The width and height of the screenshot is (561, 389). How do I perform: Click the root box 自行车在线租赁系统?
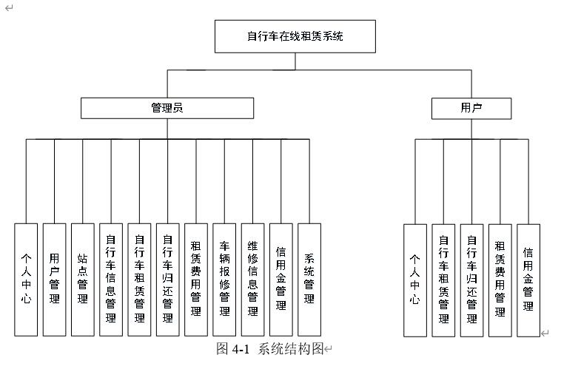tap(295, 36)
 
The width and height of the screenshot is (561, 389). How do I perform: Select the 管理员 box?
tap(167, 108)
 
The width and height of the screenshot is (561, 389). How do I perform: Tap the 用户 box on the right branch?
tap(471, 108)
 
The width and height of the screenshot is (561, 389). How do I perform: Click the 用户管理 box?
tap(54, 280)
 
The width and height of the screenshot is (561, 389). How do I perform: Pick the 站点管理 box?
tap(82, 280)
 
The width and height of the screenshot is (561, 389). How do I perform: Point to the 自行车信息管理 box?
tap(111, 280)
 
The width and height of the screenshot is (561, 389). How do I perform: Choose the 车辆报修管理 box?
tap(224, 280)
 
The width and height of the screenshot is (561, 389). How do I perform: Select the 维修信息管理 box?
tap(252, 280)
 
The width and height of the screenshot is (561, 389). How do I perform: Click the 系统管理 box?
tap(309, 280)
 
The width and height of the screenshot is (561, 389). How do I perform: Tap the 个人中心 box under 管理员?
tap(26, 280)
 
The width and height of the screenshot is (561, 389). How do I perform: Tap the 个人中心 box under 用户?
tap(415, 280)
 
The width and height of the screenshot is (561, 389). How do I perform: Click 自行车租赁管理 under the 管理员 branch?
tap(139, 280)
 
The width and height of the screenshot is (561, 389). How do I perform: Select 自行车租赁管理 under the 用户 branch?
tap(443, 280)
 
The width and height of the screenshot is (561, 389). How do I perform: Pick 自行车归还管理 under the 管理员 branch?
tap(167, 280)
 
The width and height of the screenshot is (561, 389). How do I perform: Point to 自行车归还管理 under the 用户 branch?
tap(471, 280)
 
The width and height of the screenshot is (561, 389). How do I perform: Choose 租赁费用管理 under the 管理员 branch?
tap(196, 280)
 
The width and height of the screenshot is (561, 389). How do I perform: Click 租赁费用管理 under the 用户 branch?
tap(500, 280)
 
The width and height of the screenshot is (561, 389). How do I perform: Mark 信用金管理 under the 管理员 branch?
tap(281, 280)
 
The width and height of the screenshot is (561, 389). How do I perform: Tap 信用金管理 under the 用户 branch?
tap(528, 280)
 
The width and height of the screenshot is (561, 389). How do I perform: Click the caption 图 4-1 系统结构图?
tap(270, 349)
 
